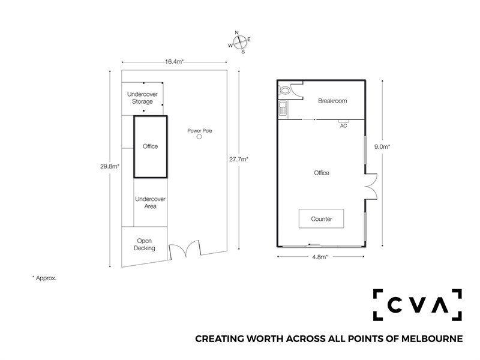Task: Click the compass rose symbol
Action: [239, 42]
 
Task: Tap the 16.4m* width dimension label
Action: [174, 62]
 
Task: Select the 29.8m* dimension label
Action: [110, 167]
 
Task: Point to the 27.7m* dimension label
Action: [239, 159]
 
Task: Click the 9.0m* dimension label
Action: [382, 146]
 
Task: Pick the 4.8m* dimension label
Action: [320, 257]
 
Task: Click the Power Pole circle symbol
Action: [199, 137]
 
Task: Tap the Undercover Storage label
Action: [142, 98]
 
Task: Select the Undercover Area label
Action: [151, 203]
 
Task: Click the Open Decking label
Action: [144, 244]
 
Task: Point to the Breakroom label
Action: [332, 101]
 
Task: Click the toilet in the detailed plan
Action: [284, 91]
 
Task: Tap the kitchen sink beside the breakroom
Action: [283, 109]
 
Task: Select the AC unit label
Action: [343, 126]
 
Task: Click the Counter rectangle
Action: [321, 218]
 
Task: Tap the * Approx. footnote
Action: [44, 278]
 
